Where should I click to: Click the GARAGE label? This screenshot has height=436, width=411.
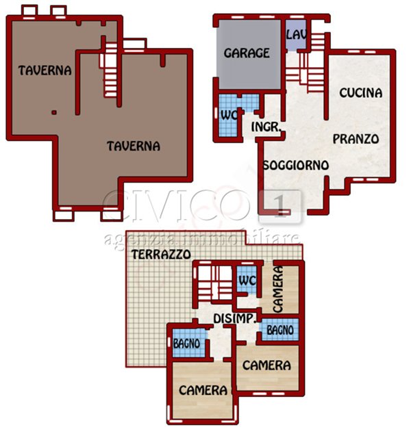click(x=247, y=53)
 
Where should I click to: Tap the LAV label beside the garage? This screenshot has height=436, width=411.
click(x=295, y=34)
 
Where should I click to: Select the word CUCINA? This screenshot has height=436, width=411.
click(x=360, y=93)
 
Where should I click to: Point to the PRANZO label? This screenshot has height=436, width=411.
click(x=356, y=139)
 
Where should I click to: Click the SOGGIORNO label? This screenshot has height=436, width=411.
click(x=295, y=165)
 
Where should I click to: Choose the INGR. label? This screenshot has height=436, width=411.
click(x=267, y=127)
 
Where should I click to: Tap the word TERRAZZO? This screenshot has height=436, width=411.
click(x=160, y=254)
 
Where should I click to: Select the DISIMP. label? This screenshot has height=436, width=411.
click(x=235, y=318)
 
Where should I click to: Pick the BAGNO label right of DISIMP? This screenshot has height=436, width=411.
click(x=280, y=330)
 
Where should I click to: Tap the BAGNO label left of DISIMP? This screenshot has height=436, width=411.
click(x=186, y=342)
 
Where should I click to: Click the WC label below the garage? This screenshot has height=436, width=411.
click(x=227, y=115)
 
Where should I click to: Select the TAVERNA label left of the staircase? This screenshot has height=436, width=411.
click(x=45, y=70)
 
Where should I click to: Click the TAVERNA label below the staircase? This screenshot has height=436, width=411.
click(x=133, y=146)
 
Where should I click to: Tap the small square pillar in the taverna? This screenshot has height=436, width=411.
click(x=53, y=112)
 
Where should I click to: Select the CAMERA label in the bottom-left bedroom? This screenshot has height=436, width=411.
click(x=203, y=390)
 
